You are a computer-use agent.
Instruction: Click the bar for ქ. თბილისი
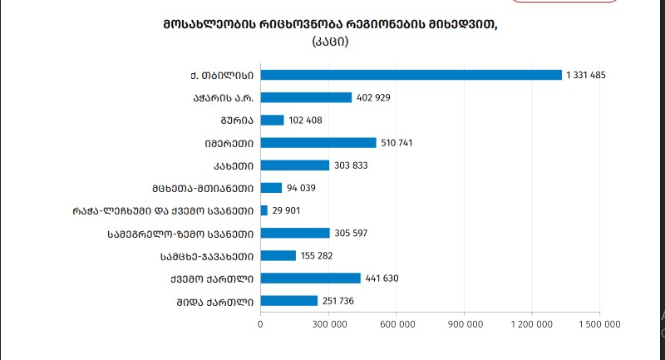coord(411,75)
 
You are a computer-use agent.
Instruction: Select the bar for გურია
coord(273,120)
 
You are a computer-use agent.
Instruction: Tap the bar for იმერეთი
coord(318,143)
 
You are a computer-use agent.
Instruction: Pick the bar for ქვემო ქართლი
coord(311,278)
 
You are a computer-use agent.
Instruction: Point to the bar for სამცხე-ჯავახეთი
coord(278,255)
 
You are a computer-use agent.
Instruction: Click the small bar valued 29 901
coord(264,210)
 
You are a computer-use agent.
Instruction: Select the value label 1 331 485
coord(586,76)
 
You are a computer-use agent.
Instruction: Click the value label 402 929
coord(373,98)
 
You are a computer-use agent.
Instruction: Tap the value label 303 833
coord(351,165)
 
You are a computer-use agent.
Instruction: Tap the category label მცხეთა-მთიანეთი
coord(203,188)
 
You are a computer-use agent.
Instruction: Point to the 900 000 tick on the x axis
coord(464,325)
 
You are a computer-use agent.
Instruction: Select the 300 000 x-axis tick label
coord(328,325)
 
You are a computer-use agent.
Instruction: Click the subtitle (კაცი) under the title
coord(330,40)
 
